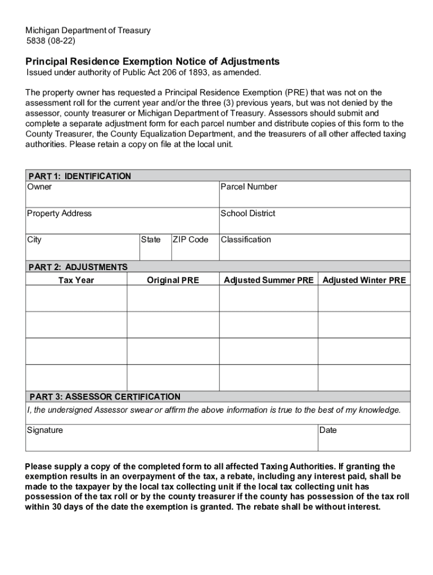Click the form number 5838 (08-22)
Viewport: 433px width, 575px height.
50,41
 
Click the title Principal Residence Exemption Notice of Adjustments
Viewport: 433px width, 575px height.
152,61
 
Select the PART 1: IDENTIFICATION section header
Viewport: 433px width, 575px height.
79,176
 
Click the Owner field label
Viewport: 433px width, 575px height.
39,186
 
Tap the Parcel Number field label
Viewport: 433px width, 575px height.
249,186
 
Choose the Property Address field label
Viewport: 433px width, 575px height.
59,213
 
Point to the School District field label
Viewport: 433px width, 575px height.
248,213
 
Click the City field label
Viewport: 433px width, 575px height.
34,240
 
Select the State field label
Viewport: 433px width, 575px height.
150,240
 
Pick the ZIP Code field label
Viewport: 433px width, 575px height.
190,240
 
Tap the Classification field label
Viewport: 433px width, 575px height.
246,240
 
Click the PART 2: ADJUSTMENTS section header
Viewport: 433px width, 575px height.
78,267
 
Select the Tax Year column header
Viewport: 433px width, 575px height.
76,280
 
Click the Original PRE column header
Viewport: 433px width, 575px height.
173,280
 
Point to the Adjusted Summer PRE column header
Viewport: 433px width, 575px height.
268,280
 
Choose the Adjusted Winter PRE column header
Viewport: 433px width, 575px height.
364,280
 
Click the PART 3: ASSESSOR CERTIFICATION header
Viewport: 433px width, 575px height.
105,397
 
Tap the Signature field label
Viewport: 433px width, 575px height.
45,430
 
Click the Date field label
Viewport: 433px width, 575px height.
328,430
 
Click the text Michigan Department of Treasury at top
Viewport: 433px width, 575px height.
88,30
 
